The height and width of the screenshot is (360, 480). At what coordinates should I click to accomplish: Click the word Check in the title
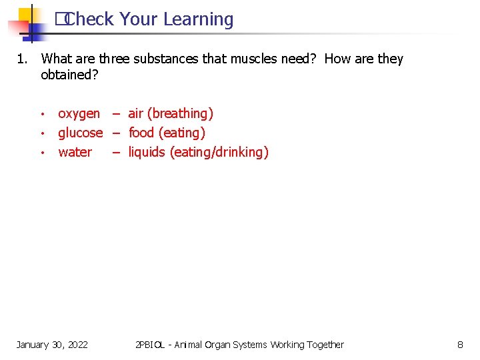[x=89, y=19]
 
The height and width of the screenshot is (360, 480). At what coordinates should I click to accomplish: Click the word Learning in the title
[x=199, y=20]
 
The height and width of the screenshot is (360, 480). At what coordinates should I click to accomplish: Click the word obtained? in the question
[x=69, y=75]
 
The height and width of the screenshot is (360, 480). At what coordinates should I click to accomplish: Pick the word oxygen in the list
[x=79, y=114]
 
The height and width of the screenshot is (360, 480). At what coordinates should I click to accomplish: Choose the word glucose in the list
[x=80, y=133]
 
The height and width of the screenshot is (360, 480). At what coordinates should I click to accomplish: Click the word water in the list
[x=75, y=152]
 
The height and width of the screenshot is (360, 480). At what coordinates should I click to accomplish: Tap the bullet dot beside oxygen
[x=42, y=114]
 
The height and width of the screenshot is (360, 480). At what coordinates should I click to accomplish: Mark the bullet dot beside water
[x=42, y=153]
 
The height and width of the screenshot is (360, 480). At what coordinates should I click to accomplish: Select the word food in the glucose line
[x=141, y=133]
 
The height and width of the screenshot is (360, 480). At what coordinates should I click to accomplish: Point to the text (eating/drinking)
[x=219, y=153]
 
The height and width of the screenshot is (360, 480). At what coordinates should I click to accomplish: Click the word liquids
[x=146, y=153]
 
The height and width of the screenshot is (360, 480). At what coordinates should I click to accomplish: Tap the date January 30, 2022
[x=52, y=345]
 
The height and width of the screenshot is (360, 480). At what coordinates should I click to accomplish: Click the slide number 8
[x=460, y=345]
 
